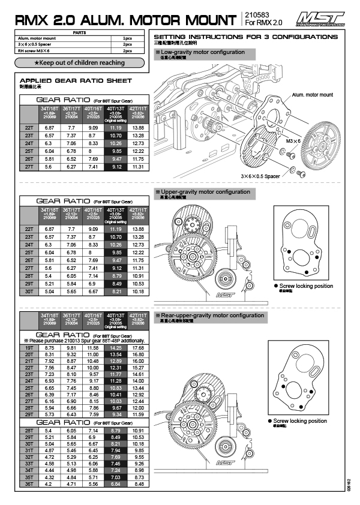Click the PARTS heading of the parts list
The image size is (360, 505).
click(x=79, y=33)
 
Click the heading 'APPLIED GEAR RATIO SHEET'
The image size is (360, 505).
click(x=76, y=80)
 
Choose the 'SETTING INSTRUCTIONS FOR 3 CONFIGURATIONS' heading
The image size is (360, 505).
click(x=246, y=37)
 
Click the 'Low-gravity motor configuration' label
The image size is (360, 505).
click(x=203, y=52)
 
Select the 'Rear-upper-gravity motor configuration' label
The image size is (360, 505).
click(x=209, y=315)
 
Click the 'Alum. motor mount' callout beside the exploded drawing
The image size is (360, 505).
click(x=312, y=95)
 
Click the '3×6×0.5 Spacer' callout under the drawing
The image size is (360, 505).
click(x=260, y=176)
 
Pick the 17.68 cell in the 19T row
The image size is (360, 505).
click(x=137, y=347)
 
